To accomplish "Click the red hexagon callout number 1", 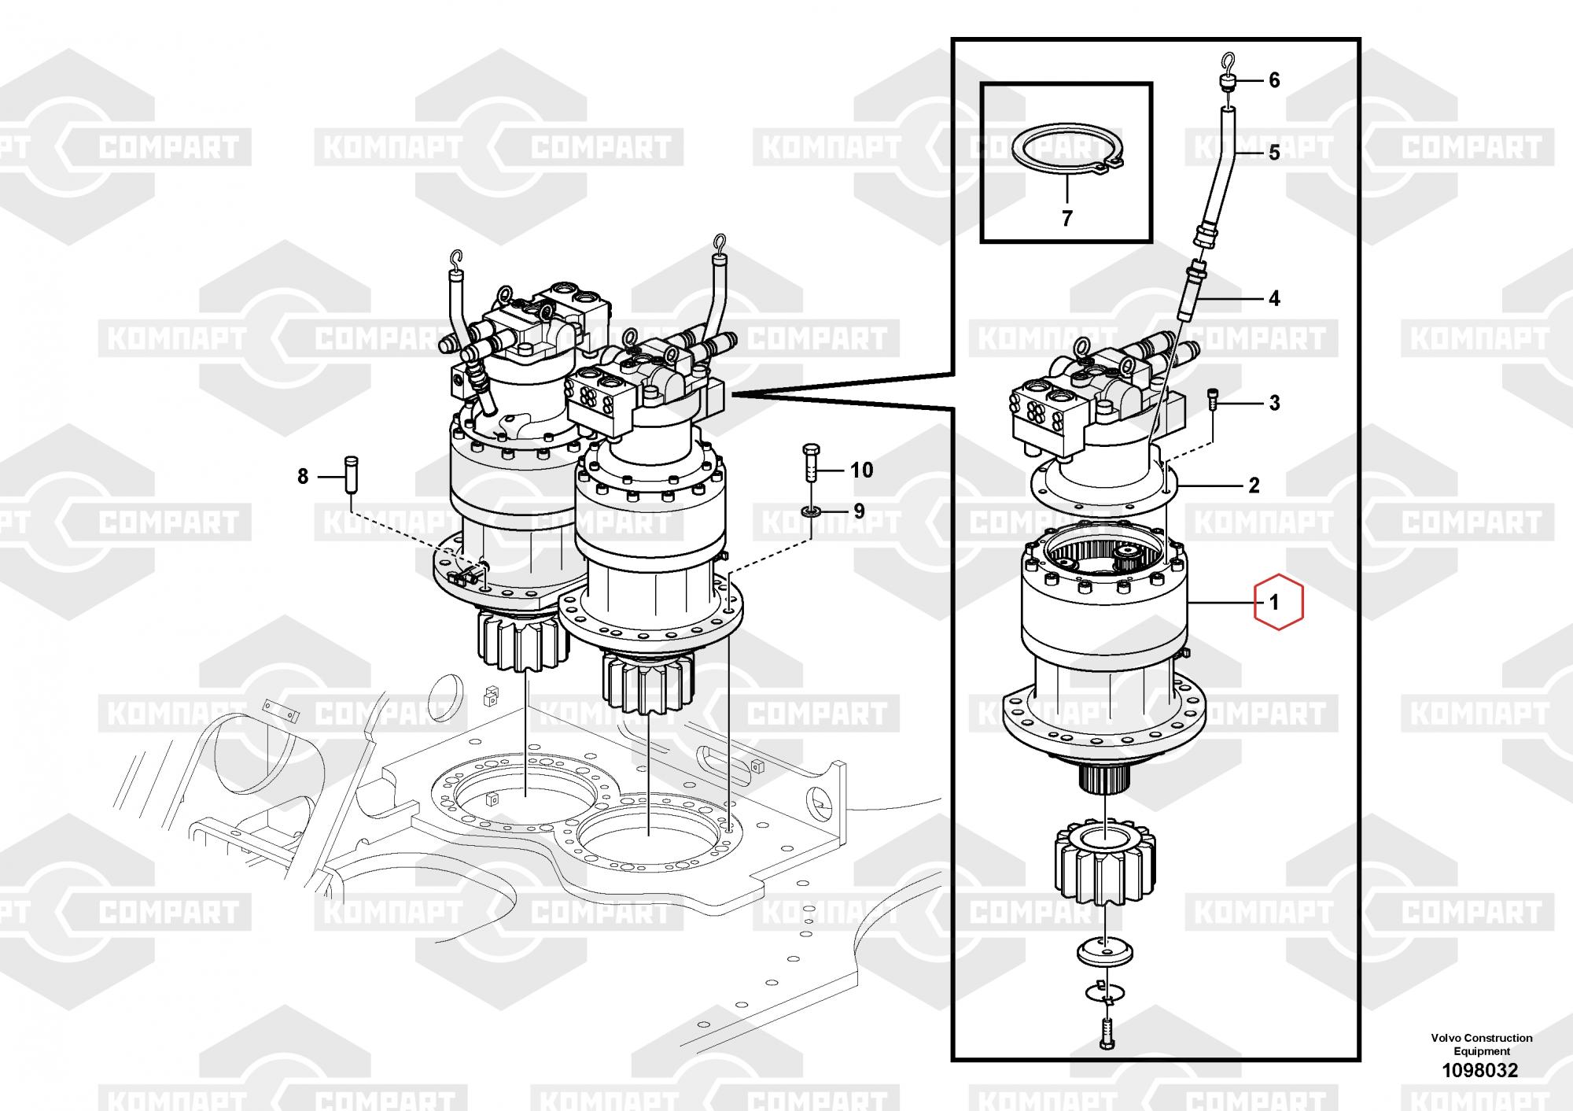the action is [1274, 603].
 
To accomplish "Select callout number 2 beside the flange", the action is [1254, 485].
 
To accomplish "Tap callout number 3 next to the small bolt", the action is [1274, 403].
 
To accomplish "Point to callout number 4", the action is [1274, 298].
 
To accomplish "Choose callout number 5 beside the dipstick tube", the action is [1274, 152].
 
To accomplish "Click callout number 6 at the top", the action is [1274, 79].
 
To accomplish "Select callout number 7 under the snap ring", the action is [1066, 218].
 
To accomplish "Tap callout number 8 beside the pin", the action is [303, 476].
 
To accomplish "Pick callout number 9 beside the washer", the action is [859, 511].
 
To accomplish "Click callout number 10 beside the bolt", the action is [862, 471].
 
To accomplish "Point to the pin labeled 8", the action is [351, 474].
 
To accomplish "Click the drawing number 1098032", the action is [1479, 1070].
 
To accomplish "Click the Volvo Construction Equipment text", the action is [1482, 1044].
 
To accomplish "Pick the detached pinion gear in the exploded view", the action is [1105, 864].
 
